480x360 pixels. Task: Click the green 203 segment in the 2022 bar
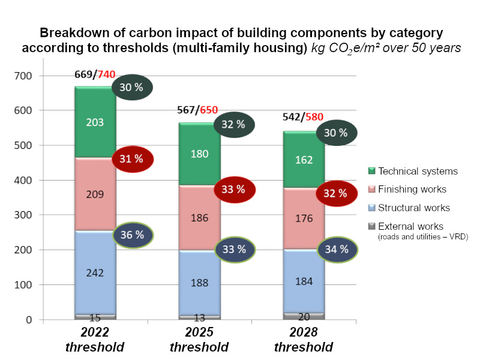[95, 122]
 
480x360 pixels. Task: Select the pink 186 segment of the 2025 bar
[199, 218]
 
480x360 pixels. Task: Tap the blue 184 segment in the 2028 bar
[304, 281]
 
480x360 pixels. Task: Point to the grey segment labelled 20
[304, 316]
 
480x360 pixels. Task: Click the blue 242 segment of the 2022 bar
[95, 272]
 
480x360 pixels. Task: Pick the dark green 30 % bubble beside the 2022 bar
[132, 88]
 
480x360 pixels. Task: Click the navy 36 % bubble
[133, 235]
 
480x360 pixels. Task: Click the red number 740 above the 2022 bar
[106, 74]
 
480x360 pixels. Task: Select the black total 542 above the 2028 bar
[293, 118]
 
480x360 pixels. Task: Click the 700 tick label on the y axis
[28, 76]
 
